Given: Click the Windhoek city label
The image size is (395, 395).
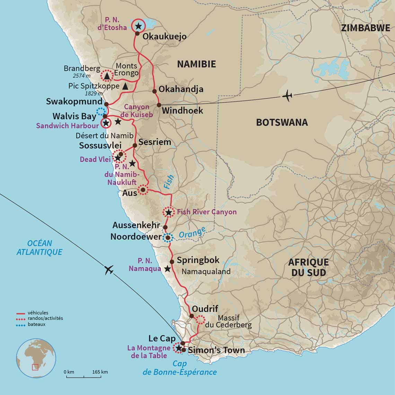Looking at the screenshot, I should tap(182, 111).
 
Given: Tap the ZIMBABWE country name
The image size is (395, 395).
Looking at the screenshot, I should tap(365, 28).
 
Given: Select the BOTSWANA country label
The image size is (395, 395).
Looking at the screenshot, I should tap(282, 122).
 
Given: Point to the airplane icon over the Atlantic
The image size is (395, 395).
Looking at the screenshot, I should tap(109, 269).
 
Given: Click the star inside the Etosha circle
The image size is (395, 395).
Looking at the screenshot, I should tap(139, 26).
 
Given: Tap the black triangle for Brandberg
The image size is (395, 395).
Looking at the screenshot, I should tap(107, 76).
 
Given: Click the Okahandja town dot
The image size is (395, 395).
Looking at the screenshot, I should tap(154, 91).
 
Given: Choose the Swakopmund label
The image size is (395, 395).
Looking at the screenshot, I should tap(74, 102).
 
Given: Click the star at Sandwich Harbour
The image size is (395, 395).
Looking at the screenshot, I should tap(106, 123).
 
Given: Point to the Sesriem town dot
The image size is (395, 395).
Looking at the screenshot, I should tap(135, 145).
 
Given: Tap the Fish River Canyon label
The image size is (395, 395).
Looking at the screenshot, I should tap(207, 212).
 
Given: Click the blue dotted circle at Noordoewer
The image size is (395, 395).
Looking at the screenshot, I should tap(168, 238).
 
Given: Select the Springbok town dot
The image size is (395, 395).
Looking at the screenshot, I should tap(172, 262).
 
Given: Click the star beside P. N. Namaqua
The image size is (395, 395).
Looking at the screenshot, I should tap(167, 269).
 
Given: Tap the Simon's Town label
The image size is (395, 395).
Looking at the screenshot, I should tap(216, 350).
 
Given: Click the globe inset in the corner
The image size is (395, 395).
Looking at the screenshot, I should tap(36, 358).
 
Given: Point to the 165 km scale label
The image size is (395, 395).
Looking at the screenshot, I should tap(100, 372).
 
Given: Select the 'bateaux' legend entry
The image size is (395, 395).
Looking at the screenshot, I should tap(37, 324).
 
